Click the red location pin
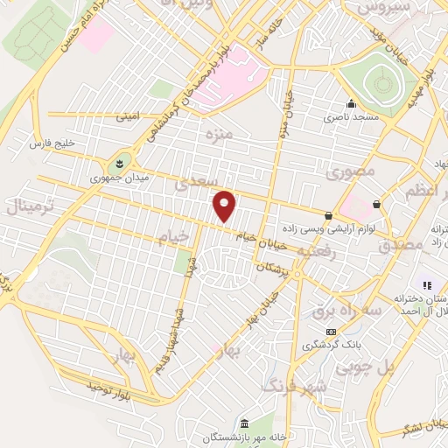(225, 206)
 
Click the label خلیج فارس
(50, 143)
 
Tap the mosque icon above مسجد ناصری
(351, 103)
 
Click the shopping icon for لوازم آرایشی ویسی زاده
(328, 215)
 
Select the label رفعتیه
(317, 252)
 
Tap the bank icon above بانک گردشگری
(331, 332)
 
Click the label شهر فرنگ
(296, 386)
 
